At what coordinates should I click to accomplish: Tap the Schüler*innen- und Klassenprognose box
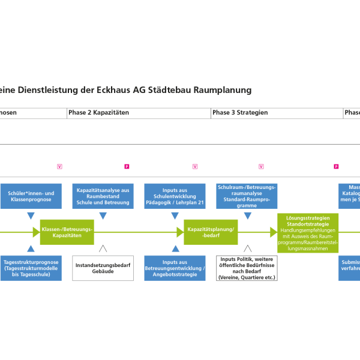[x=31, y=196]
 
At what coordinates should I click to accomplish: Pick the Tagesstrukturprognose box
[x=31, y=267]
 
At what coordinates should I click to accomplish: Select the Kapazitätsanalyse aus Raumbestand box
[x=103, y=196]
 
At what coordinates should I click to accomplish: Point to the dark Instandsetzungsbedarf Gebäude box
[x=103, y=268]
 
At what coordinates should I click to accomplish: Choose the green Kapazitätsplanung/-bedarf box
[x=211, y=232]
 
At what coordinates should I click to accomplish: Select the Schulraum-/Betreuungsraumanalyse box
[x=247, y=196]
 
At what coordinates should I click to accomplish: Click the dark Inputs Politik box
[x=247, y=268]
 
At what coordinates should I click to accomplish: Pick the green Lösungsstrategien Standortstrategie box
[x=308, y=232]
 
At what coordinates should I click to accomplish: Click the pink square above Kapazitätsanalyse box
[x=127, y=166]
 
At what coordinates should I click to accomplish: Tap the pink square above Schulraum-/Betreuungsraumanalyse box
[x=261, y=166]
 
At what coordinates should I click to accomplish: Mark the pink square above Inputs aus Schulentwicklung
[x=195, y=166]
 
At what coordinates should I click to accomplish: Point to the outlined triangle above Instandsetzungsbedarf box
[x=103, y=249]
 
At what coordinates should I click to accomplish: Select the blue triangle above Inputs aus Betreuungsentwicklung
[x=175, y=249]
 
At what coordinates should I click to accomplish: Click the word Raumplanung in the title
[x=227, y=90]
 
